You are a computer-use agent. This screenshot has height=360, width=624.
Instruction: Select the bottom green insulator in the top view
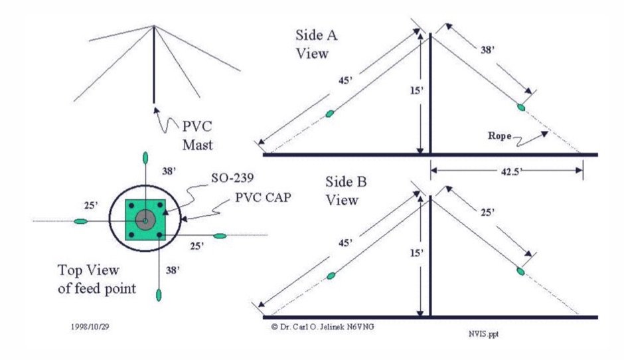(x=158, y=294)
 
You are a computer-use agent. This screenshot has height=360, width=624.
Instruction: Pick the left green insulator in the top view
(x=80, y=221)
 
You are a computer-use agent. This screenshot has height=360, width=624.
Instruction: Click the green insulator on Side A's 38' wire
(x=522, y=106)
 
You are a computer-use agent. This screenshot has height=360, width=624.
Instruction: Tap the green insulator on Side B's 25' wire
(x=520, y=271)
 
